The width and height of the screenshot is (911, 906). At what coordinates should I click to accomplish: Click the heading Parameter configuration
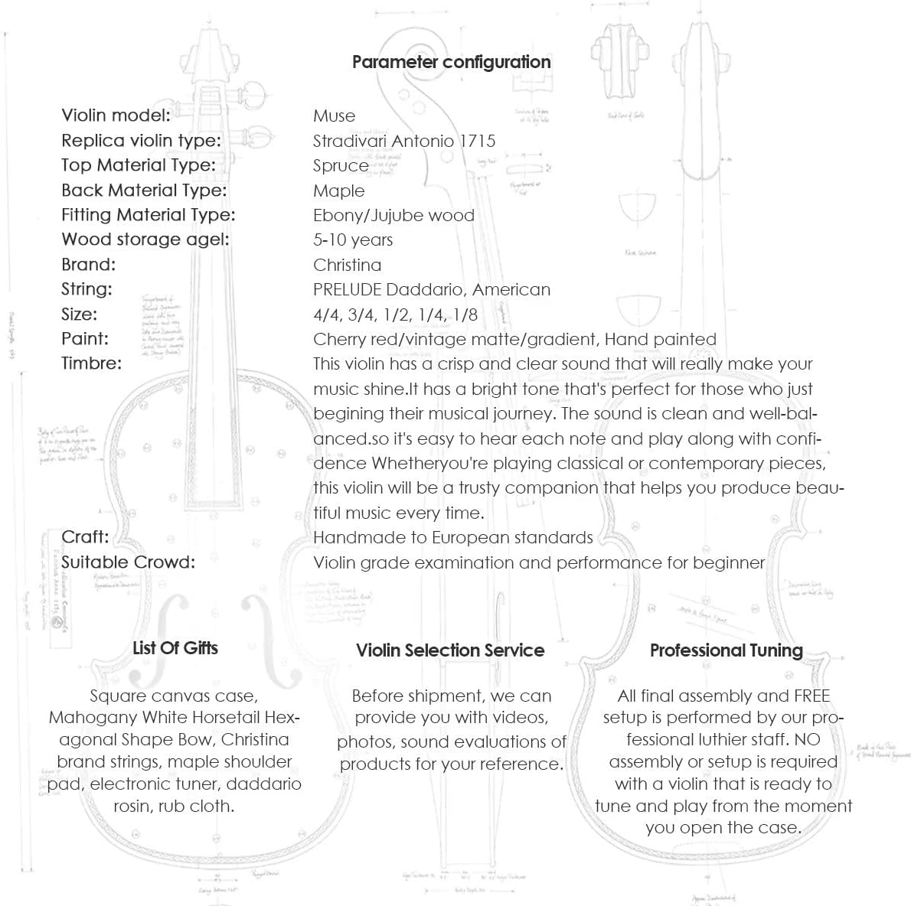point(451,62)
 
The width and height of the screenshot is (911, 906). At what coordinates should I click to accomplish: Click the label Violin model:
point(116,116)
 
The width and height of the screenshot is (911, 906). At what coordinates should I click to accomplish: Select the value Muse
point(334,116)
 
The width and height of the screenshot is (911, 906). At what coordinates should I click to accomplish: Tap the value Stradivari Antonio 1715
point(404,141)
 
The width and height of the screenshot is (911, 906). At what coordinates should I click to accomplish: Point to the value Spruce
point(341,166)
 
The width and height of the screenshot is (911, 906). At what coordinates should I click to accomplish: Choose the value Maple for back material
point(338,191)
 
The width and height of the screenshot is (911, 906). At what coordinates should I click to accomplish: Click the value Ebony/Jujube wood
point(393,215)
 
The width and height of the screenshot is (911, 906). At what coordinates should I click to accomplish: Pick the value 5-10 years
point(353,240)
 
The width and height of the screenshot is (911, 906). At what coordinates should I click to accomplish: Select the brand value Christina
point(347,265)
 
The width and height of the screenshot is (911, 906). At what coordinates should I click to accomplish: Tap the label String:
point(87,289)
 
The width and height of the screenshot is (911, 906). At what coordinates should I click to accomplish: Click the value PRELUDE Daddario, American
point(432,289)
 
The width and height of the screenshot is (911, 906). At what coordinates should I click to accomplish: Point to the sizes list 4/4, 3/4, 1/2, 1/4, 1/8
point(395,314)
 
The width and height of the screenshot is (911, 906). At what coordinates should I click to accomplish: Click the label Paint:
point(85,338)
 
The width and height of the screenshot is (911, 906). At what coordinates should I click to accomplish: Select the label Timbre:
point(91,363)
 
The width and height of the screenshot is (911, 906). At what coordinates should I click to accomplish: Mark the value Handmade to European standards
point(453,537)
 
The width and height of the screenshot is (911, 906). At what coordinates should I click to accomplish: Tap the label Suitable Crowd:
point(128,562)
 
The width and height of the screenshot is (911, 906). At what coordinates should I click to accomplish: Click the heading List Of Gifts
point(175,648)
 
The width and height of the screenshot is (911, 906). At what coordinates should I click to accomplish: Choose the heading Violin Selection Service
point(450,650)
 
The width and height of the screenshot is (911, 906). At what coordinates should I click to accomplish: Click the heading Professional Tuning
point(726,650)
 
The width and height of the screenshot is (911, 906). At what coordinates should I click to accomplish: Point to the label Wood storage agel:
point(145,240)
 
